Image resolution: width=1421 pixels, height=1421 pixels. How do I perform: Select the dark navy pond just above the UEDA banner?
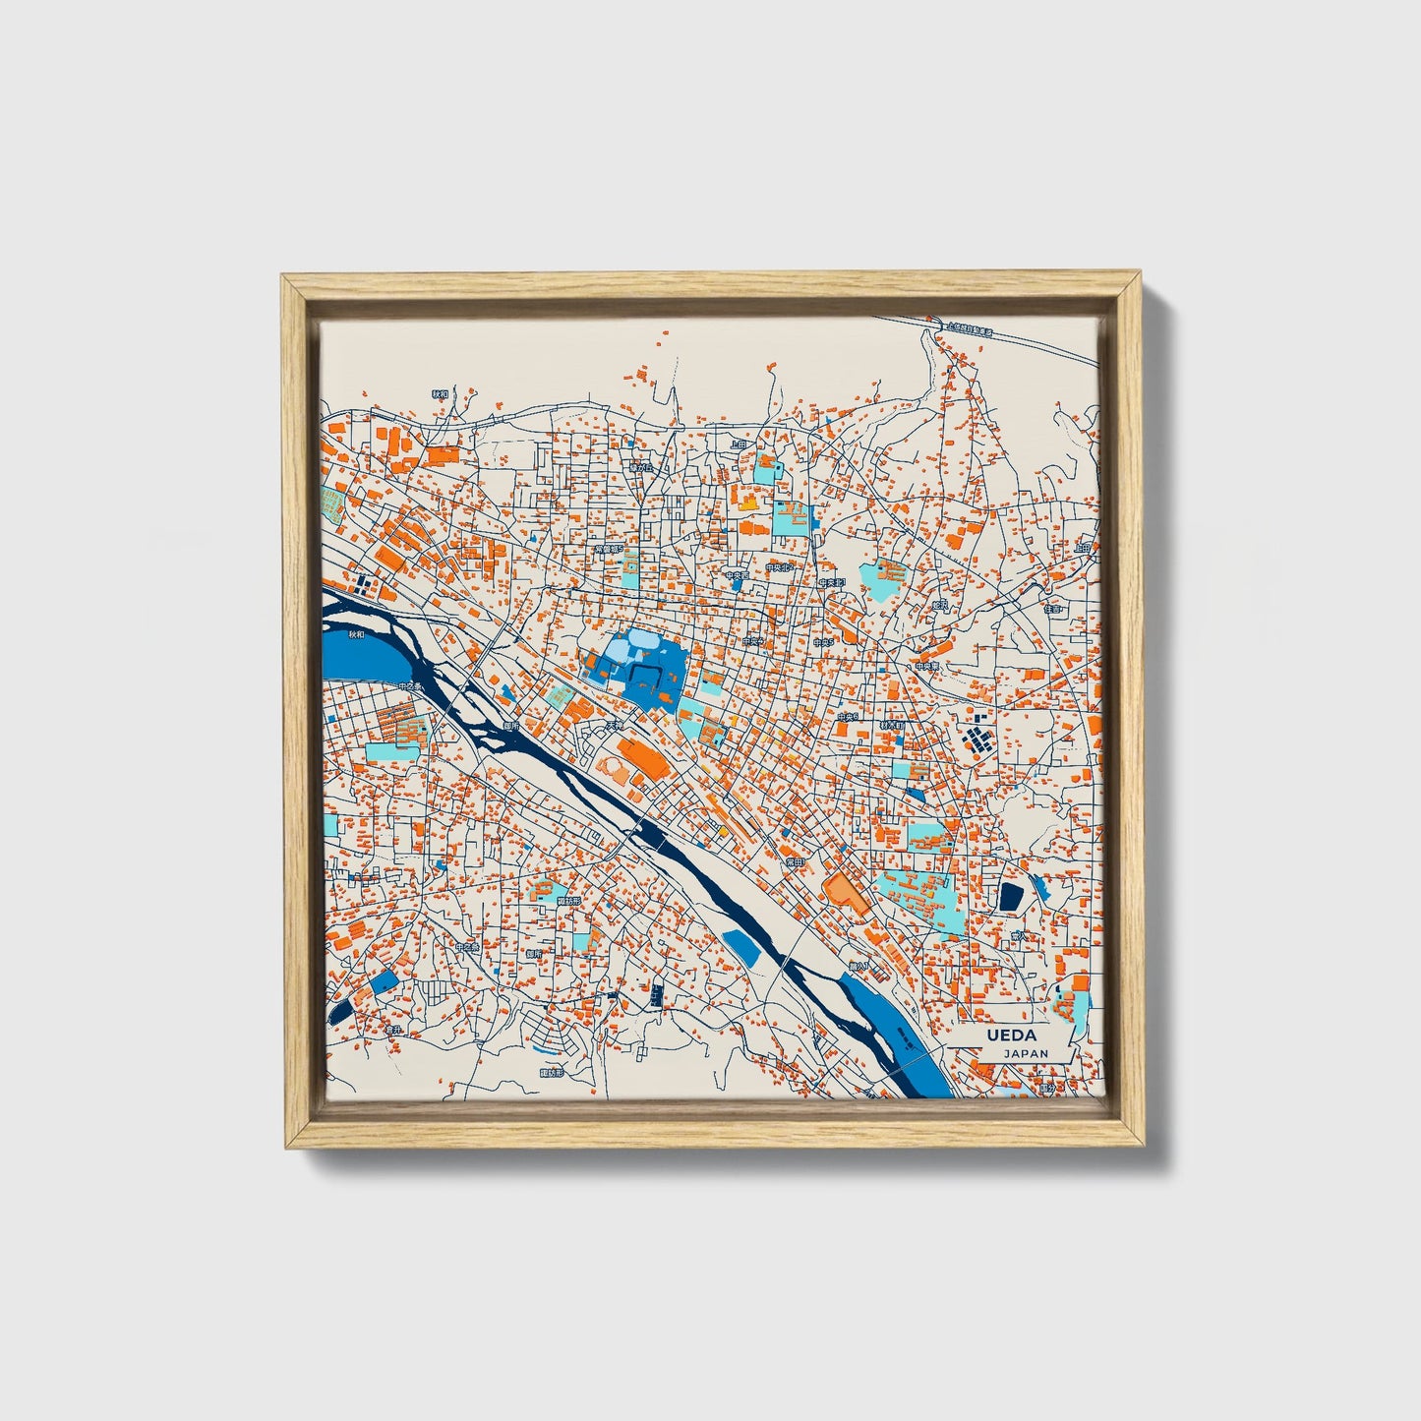click(1011, 896)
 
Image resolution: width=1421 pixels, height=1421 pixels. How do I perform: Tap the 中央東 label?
click(926, 666)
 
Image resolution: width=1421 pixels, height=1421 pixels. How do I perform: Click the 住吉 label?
click(1053, 610)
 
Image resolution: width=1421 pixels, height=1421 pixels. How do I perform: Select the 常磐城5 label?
click(608, 549)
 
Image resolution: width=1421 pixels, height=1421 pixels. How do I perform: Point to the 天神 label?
click(615, 727)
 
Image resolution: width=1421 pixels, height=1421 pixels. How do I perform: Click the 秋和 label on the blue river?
click(342, 637)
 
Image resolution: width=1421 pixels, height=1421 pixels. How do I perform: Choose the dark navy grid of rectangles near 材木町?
click(977, 736)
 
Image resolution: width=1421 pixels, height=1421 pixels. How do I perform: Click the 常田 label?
click(794, 861)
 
